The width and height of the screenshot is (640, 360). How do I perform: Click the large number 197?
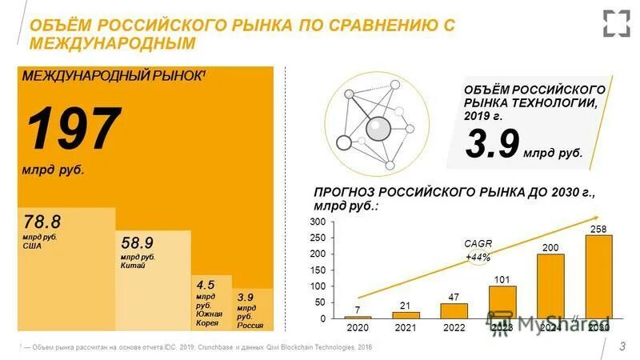point(74,129)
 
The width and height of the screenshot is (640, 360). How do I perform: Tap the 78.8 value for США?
point(42,221)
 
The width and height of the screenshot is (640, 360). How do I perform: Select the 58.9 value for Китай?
point(138,242)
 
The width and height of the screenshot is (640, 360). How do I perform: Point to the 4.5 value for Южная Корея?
point(206,284)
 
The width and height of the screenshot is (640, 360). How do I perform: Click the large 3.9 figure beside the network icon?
point(493,145)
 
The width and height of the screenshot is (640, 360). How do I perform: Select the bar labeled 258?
point(599,276)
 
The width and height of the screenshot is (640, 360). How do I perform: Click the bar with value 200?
point(550,286)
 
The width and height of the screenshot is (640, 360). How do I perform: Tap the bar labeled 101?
point(502,302)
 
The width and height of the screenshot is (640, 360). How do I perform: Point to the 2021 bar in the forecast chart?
point(406,314)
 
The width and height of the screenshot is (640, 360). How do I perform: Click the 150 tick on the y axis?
point(318,270)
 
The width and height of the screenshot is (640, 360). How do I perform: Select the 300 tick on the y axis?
point(318,221)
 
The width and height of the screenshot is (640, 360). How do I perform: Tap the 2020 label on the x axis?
point(358,328)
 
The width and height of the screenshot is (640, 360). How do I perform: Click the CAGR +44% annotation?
point(478,250)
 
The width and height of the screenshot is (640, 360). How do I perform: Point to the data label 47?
point(454,296)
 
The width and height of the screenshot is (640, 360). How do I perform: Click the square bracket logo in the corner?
point(616,22)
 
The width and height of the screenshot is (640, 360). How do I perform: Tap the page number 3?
point(623,345)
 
